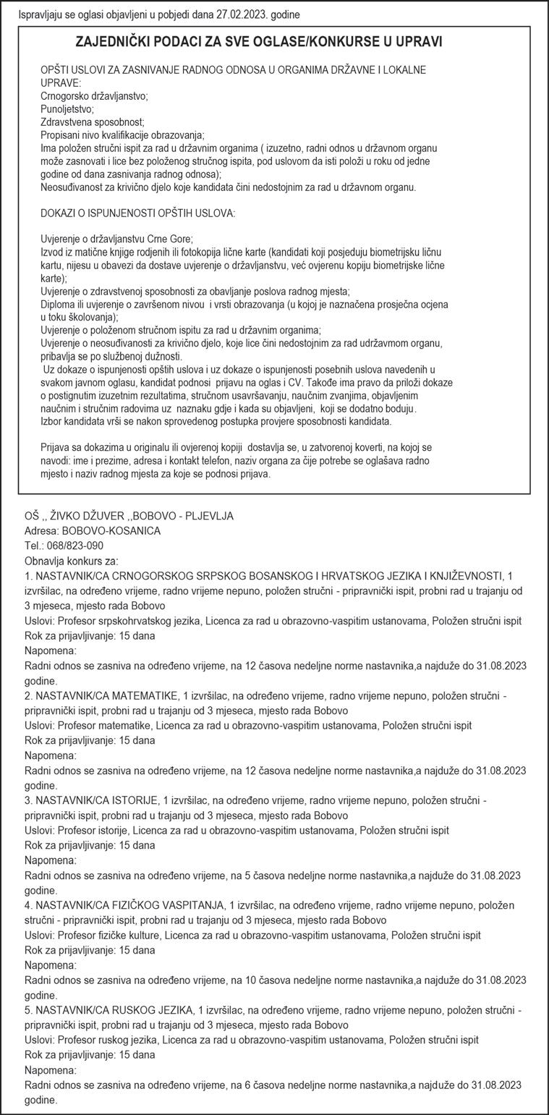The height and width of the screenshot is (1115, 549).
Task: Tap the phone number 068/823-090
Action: (x=75, y=546)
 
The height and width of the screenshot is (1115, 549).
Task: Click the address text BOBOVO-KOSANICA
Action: (x=111, y=531)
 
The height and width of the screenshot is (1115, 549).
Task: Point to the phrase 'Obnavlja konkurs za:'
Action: (x=71, y=561)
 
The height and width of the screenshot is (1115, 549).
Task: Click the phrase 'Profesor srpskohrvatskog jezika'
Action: (x=131, y=621)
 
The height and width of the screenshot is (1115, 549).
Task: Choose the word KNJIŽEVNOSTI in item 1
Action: (x=466, y=576)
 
